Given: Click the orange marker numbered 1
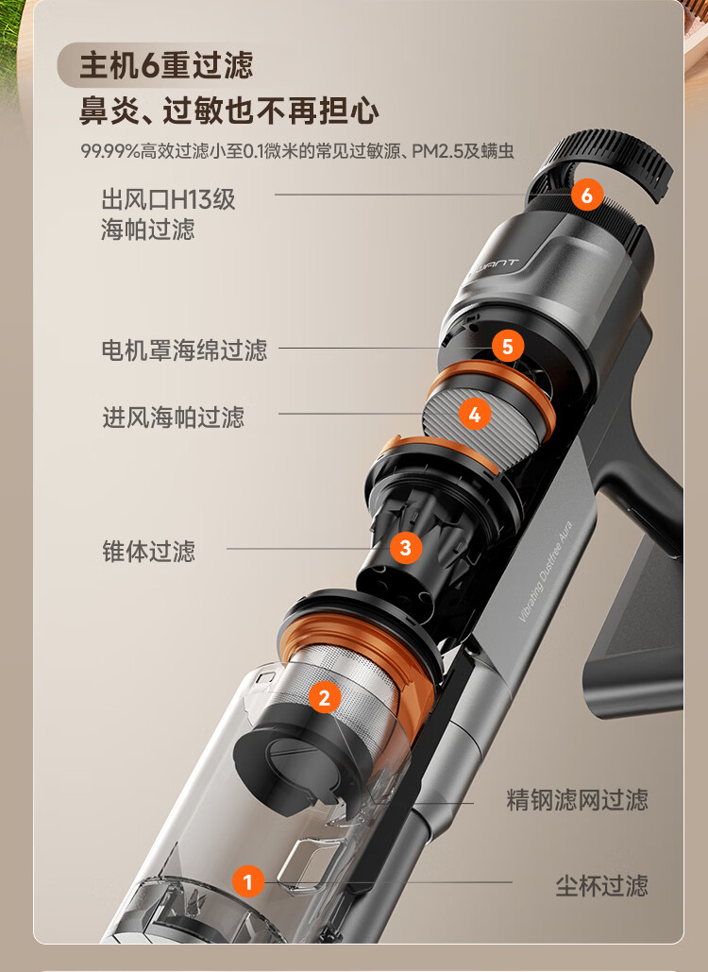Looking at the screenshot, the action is (247, 881).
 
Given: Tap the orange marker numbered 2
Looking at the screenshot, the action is (325, 697).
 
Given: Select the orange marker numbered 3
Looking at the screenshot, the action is (406, 547).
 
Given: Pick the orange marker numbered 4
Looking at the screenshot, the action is (475, 414).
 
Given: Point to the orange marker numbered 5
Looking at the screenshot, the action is (508, 346).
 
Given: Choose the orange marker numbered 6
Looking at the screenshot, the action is (586, 195).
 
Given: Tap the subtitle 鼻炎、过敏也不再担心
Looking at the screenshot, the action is (229, 111).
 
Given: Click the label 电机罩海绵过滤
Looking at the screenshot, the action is (185, 350).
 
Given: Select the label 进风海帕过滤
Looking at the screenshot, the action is (174, 418).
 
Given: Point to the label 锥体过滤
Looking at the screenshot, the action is (148, 551).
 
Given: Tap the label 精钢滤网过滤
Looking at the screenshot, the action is (578, 800).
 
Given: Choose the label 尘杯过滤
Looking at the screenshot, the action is (601, 886).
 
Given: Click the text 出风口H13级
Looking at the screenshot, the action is (168, 199).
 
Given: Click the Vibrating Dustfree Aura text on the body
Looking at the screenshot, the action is (546, 571).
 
